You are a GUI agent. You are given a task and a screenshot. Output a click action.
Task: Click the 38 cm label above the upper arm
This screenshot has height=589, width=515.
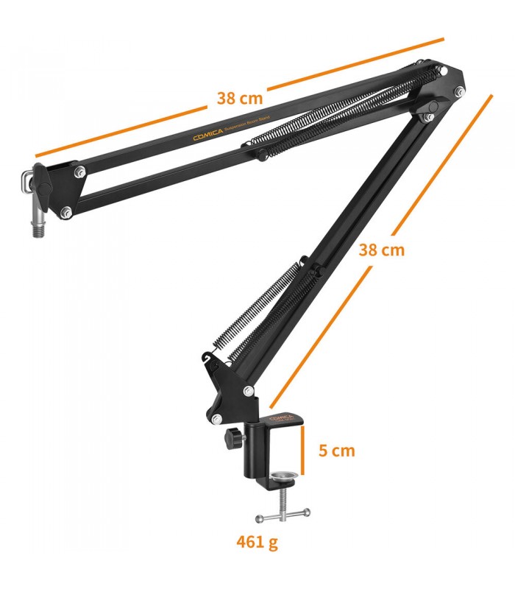point(240,97)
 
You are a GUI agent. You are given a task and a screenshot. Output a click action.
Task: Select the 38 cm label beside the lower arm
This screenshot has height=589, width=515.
point(381,249)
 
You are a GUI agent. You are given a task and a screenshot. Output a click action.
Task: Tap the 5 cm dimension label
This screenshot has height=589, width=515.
point(335,450)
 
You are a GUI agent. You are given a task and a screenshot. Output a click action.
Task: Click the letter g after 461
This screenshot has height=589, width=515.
point(274,544)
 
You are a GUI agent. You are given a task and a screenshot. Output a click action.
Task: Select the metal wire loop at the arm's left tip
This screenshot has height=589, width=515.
point(29,180)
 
